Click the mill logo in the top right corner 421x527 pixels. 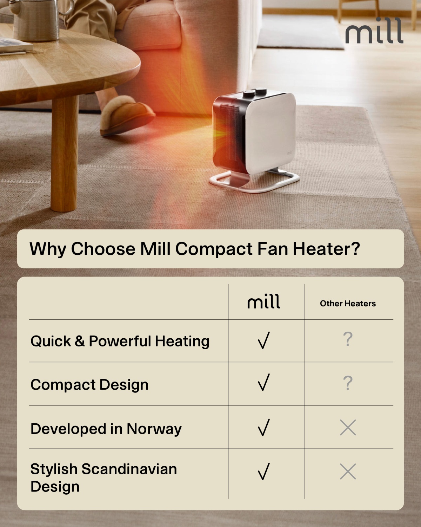[x=374, y=30]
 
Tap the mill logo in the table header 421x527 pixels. [x=264, y=301]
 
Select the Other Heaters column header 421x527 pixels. [x=348, y=304]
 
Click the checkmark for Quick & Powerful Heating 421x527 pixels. [x=264, y=340]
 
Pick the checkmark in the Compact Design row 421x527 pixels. [x=264, y=382]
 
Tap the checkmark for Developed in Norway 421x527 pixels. [x=264, y=428]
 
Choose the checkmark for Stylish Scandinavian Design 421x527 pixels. [x=264, y=471]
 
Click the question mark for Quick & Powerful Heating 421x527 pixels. [x=348, y=339]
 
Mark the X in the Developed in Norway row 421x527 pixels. [x=348, y=428]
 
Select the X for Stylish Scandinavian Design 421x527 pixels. [x=348, y=471]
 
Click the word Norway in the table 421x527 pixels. [x=154, y=429]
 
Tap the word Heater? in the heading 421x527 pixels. [x=327, y=249]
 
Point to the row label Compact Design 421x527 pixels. [x=89, y=385]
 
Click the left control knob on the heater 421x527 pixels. [x=248, y=94]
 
